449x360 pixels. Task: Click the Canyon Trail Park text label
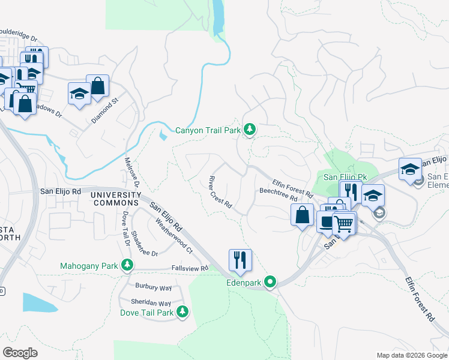click(207, 130)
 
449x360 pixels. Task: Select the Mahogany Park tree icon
click(127, 265)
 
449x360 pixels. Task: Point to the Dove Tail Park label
click(147, 312)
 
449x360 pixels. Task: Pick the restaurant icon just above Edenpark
click(240, 260)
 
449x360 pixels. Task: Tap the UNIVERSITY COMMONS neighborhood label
click(115, 199)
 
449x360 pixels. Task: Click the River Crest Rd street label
click(220, 191)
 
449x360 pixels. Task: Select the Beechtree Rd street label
click(278, 194)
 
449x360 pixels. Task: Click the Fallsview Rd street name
click(190, 268)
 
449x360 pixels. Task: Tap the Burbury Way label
click(154, 287)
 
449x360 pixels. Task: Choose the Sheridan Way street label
click(152, 304)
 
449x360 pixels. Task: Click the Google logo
click(20, 352)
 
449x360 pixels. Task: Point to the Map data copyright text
click(411, 355)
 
